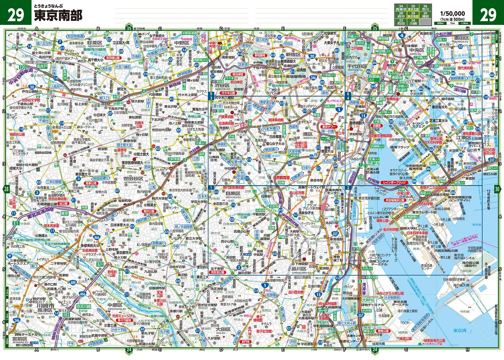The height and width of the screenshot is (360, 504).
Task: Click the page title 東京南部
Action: [x=58, y=16]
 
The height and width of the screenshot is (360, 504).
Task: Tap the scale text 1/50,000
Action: [x=452, y=13]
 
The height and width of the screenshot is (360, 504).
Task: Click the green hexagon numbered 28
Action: [x=6, y=189]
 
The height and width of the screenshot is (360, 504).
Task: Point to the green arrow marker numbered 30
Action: [x=497, y=189]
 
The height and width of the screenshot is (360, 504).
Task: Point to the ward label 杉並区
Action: [x=94, y=43]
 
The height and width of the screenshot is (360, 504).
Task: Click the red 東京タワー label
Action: [x=329, y=127]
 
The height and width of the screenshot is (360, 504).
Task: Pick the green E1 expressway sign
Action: [x=15, y=223]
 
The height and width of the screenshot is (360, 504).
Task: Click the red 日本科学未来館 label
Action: [x=417, y=233]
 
